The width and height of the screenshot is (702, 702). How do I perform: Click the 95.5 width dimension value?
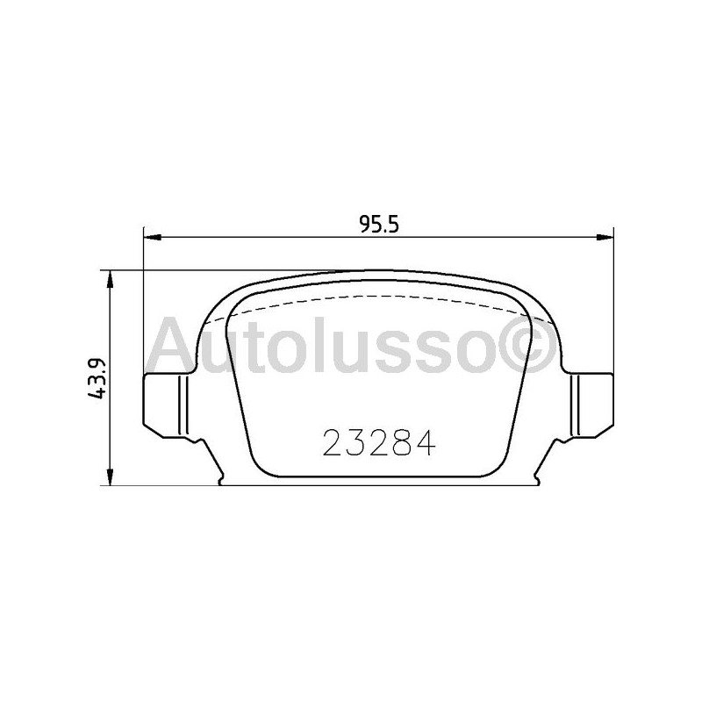coord(379,223)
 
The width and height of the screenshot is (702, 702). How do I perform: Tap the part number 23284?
coord(379,445)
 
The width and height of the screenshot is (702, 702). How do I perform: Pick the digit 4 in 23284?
coord(425,445)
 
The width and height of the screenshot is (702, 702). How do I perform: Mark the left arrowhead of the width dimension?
coord(149,236)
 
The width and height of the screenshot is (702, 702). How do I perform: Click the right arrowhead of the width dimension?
coord(605,236)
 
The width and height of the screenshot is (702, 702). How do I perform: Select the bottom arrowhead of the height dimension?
coord(110,477)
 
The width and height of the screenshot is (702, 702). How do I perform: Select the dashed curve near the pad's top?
coord(377,298)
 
